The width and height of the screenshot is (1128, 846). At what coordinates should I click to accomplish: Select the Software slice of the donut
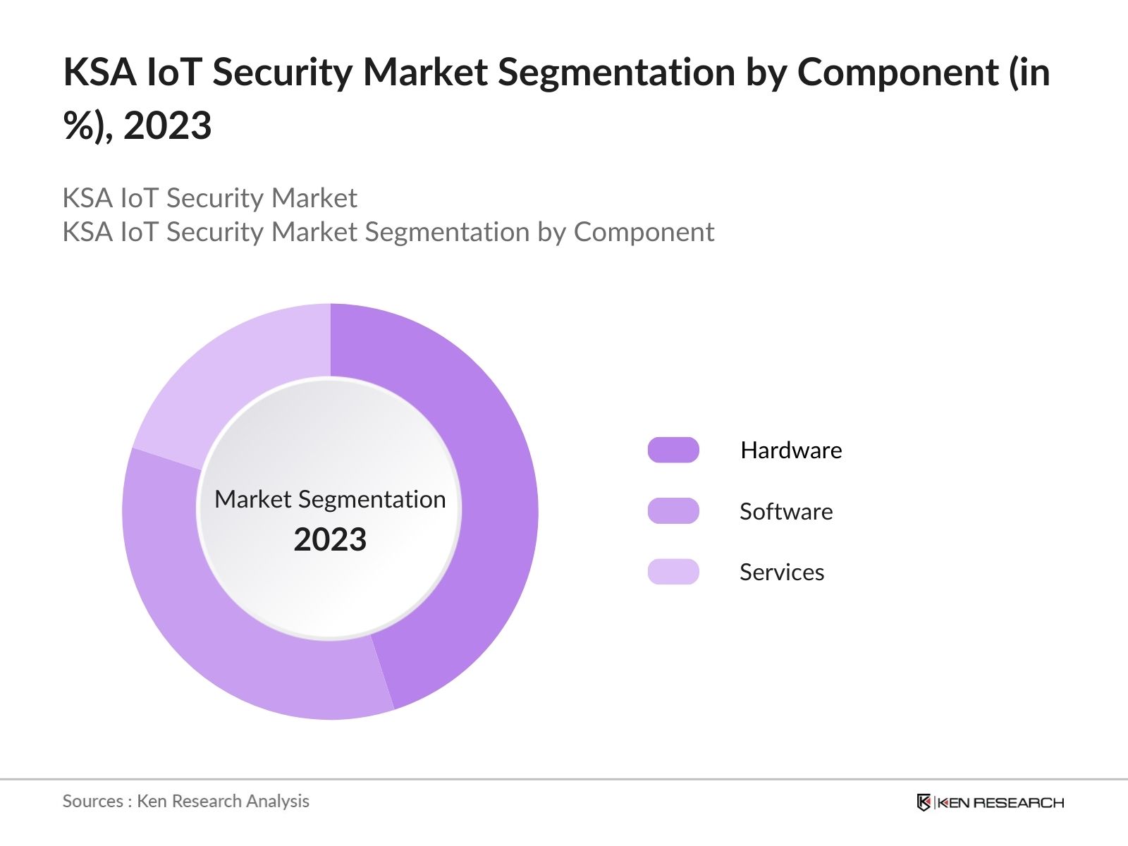click(211, 620)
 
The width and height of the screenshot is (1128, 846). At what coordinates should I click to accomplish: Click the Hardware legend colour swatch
click(673, 450)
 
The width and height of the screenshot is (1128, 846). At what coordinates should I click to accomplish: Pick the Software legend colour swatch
click(673, 511)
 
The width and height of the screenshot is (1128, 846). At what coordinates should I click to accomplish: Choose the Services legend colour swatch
click(673, 572)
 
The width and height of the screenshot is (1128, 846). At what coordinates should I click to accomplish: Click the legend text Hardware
click(791, 450)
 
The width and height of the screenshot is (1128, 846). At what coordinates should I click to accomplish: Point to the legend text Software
click(786, 511)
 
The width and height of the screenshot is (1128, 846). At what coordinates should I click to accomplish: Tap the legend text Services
click(782, 572)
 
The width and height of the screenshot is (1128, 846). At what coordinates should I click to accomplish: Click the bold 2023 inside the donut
click(330, 540)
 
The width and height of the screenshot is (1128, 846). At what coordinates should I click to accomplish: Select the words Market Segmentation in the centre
click(330, 499)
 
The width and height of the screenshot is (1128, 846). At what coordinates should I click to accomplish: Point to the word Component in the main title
click(897, 73)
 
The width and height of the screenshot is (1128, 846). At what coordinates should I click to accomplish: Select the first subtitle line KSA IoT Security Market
click(209, 198)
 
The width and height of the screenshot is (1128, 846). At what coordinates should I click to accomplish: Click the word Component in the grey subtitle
click(644, 232)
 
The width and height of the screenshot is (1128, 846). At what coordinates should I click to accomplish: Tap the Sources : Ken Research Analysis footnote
click(185, 801)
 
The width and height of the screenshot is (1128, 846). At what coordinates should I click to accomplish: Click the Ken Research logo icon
click(924, 802)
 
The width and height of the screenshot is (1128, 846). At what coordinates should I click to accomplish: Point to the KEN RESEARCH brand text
click(1000, 802)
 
